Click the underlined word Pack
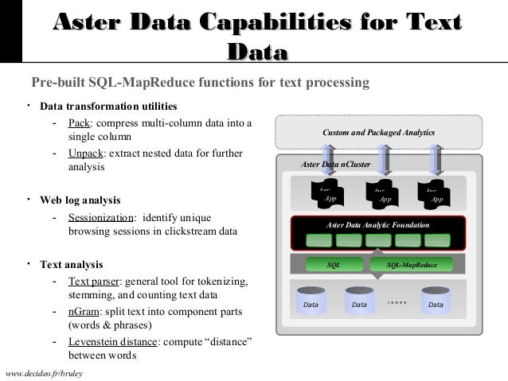pyautogui.click(x=78, y=123)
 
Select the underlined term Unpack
pyautogui.click(x=84, y=153)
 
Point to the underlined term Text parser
pyautogui.click(x=95, y=282)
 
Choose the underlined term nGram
pyautogui.click(x=84, y=311)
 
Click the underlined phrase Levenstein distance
pyautogui.click(x=111, y=341)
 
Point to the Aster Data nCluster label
pyautogui.click(x=336, y=165)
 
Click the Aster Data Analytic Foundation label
pyautogui.click(x=378, y=226)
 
